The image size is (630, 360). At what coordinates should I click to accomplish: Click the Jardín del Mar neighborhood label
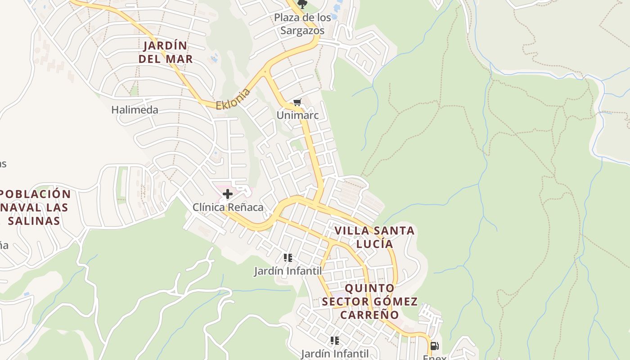click(166, 52)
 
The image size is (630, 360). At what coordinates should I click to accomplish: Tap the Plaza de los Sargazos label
click(302, 24)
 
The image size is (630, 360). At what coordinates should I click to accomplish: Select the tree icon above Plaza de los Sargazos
click(302, 4)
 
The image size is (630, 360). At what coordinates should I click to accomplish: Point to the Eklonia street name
click(233, 99)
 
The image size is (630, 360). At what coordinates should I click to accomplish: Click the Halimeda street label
click(135, 110)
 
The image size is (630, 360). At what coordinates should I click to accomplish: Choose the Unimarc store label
click(297, 115)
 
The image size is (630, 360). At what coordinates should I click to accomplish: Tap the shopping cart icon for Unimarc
click(297, 103)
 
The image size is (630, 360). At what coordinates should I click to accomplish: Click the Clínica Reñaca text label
click(228, 207)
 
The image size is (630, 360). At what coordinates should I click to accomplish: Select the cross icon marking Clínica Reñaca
click(228, 194)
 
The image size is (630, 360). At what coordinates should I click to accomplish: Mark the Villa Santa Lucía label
click(374, 237)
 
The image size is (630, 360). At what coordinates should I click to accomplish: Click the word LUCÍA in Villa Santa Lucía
click(374, 244)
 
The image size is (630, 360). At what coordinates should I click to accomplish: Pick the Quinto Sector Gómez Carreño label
click(370, 301)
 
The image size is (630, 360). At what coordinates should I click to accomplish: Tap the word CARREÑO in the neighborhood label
click(370, 315)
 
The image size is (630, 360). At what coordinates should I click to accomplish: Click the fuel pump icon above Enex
click(434, 346)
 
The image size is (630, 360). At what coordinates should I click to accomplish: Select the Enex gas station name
click(434, 357)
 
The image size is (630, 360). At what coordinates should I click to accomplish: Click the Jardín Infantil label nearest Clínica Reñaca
click(288, 271)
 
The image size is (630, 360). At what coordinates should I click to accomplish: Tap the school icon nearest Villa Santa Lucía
click(288, 258)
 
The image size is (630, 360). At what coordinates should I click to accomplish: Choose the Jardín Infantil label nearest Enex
click(335, 354)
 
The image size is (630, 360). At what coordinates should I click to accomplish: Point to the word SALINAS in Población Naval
click(34, 221)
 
